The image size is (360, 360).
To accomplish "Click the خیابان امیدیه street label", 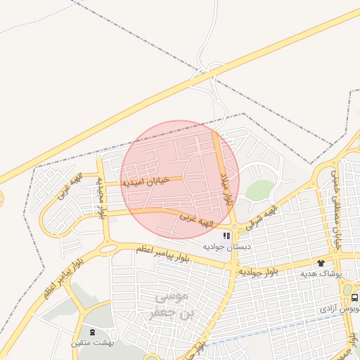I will (146, 181).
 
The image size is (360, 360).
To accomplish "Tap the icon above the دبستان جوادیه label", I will (226, 236).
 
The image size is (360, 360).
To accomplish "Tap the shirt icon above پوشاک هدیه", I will (321, 263).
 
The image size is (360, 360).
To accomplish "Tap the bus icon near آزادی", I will (354, 298).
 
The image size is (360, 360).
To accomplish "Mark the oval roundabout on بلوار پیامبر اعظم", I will (108, 248).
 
